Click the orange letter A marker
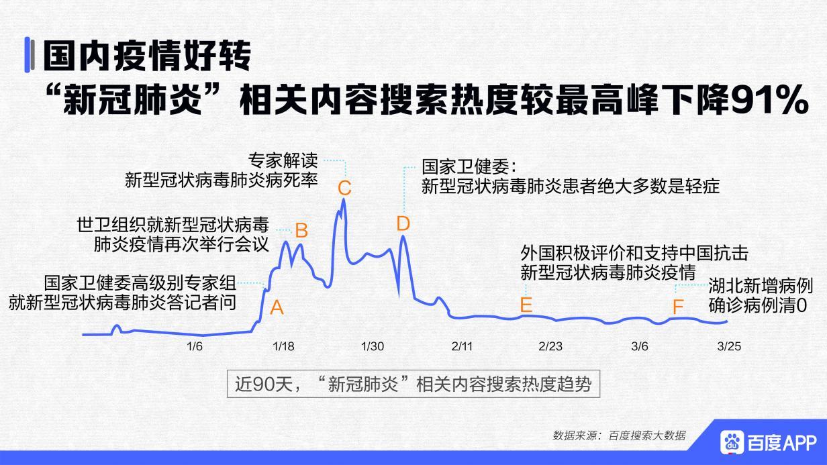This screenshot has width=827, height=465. tap(277, 308)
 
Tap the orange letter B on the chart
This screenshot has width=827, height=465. tap(301, 231)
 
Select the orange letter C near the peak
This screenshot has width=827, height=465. tap(344, 187)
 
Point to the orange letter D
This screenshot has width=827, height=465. tap(403, 223)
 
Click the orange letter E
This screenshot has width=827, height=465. tap(526, 305)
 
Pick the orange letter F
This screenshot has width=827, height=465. tap(678, 307)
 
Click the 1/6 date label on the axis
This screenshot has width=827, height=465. tap(195, 346)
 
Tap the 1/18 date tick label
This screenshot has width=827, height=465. tap(284, 346)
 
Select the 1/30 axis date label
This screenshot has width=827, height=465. tap(373, 346)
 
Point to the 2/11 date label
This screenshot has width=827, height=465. tap(462, 346)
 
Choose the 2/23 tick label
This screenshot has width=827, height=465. tap(550, 346)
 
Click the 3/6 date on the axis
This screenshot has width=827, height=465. tap(640, 346)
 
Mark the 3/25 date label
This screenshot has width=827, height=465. tap(729, 346)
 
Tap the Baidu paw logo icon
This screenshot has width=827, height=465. tap(733, 442)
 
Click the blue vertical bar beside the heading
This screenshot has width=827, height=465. tap(29, 55)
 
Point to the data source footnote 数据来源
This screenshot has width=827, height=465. tap(619, 435)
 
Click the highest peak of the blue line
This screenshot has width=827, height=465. tap(344, 199)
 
